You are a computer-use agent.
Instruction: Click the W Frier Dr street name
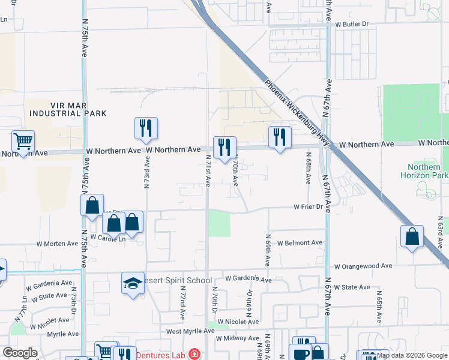[x=309, y=207]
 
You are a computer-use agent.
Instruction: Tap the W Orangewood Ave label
[x=363, y=266]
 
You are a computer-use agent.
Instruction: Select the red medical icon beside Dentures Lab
[x=194, y=354]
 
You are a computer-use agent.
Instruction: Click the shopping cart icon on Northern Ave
[x=23, y=142]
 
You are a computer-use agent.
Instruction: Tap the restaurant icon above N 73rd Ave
[x=146, y=128]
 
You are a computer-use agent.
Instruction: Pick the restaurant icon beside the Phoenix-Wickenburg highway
[x=280, y=137]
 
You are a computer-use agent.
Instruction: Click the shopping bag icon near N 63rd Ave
[x=412, y=236]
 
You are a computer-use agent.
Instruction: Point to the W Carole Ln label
[x=108, y=238]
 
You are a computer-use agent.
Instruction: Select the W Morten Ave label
[x=58, y=244]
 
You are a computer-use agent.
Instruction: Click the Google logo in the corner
[x=20, y=353]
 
